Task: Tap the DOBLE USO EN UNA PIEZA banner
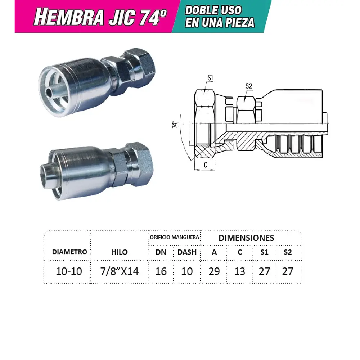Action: (x=220, y=17)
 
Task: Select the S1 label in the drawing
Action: (x=211, y=77)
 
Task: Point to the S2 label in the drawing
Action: (x=249, y=86)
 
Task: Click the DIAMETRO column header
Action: (x=69, y=252)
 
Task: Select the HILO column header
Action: (x=119, y=252)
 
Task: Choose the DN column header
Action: (x=161, y=252)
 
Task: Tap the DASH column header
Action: (x=187, y=252)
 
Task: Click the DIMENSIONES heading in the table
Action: (x=246, y=238)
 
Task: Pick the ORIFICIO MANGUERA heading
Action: (x=174, y=237)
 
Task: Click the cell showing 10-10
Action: (x=69, y=271)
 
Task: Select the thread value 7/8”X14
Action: (x=120, y=271)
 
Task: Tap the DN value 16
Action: (x=161, y=271)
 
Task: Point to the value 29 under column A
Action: (x=214, y=271)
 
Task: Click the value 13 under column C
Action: (x=240, y=271)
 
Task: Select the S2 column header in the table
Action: (x=287, y=252)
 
